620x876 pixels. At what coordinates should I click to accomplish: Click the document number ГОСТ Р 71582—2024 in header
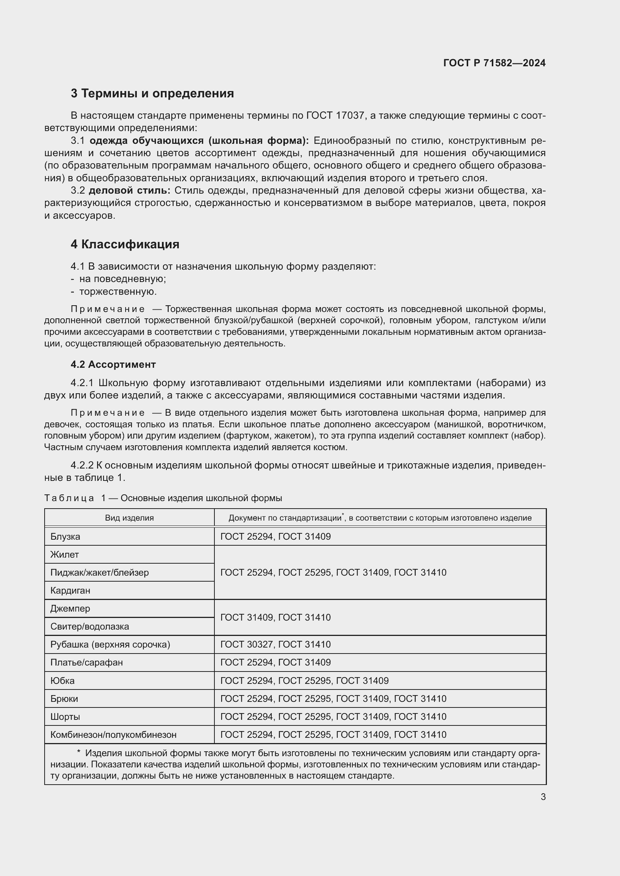click(x=494, y=63)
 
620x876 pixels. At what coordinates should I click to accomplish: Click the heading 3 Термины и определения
click(x=152, y=94)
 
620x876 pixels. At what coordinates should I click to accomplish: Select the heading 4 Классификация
click(x=125, y=244)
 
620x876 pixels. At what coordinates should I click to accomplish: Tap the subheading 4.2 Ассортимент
click(x=113, y=364)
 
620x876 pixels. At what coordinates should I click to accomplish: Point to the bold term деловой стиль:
click(x=129, y=190)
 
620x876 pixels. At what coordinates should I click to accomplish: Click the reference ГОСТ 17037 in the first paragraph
click(x=335, y=116)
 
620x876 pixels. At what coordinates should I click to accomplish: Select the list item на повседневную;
click(x=123, y=279)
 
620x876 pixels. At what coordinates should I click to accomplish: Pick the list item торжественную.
click(x=118, y=291)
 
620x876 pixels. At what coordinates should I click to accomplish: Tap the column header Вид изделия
click(x=129, y=518)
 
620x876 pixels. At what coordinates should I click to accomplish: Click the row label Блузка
click(x=65, y=536)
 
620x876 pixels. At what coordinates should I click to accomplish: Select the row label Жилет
click(x=64, y=554)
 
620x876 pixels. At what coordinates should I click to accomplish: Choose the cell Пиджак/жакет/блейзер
click(x=100, y=572)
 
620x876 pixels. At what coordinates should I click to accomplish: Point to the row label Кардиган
click(x=70, y=590)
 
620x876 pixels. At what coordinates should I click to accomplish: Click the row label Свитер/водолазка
click(x=90, y=627)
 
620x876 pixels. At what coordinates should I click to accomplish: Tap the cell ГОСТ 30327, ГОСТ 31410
click(x=276, y=645)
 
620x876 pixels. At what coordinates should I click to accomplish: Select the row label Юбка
click(x=63, y=681)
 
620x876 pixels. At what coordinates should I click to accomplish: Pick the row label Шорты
click(x=65, y=716)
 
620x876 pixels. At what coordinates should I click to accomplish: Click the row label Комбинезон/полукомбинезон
click(x=113, y=734)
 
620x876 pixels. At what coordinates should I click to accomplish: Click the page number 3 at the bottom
click(x=543, y=797)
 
